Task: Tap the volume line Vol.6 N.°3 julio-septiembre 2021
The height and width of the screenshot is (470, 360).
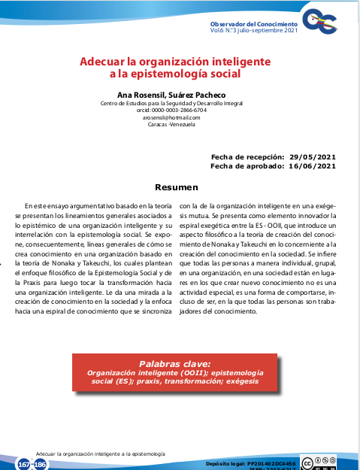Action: tap(255, 32)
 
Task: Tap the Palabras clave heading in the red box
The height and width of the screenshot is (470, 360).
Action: tap(175, 362)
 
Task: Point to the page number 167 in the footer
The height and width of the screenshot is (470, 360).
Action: tap(24, 464)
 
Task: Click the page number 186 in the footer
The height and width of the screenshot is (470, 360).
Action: tap(40, 464)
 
